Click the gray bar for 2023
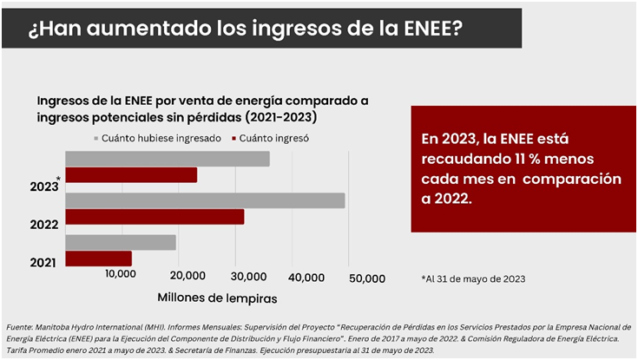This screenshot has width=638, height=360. [168, 159]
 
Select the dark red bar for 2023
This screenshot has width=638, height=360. [131, 175]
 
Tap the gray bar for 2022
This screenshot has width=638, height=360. [205, 200]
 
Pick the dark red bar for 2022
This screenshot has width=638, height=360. [155, 217]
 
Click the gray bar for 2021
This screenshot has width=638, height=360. [121, 242]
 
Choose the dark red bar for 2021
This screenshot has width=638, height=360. [98, 259]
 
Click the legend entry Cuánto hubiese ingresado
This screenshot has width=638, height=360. [156, 137]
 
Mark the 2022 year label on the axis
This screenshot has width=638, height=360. [43, 224]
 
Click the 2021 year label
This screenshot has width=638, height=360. [43, 262]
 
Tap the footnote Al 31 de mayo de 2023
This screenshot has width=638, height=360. [474, 278]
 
